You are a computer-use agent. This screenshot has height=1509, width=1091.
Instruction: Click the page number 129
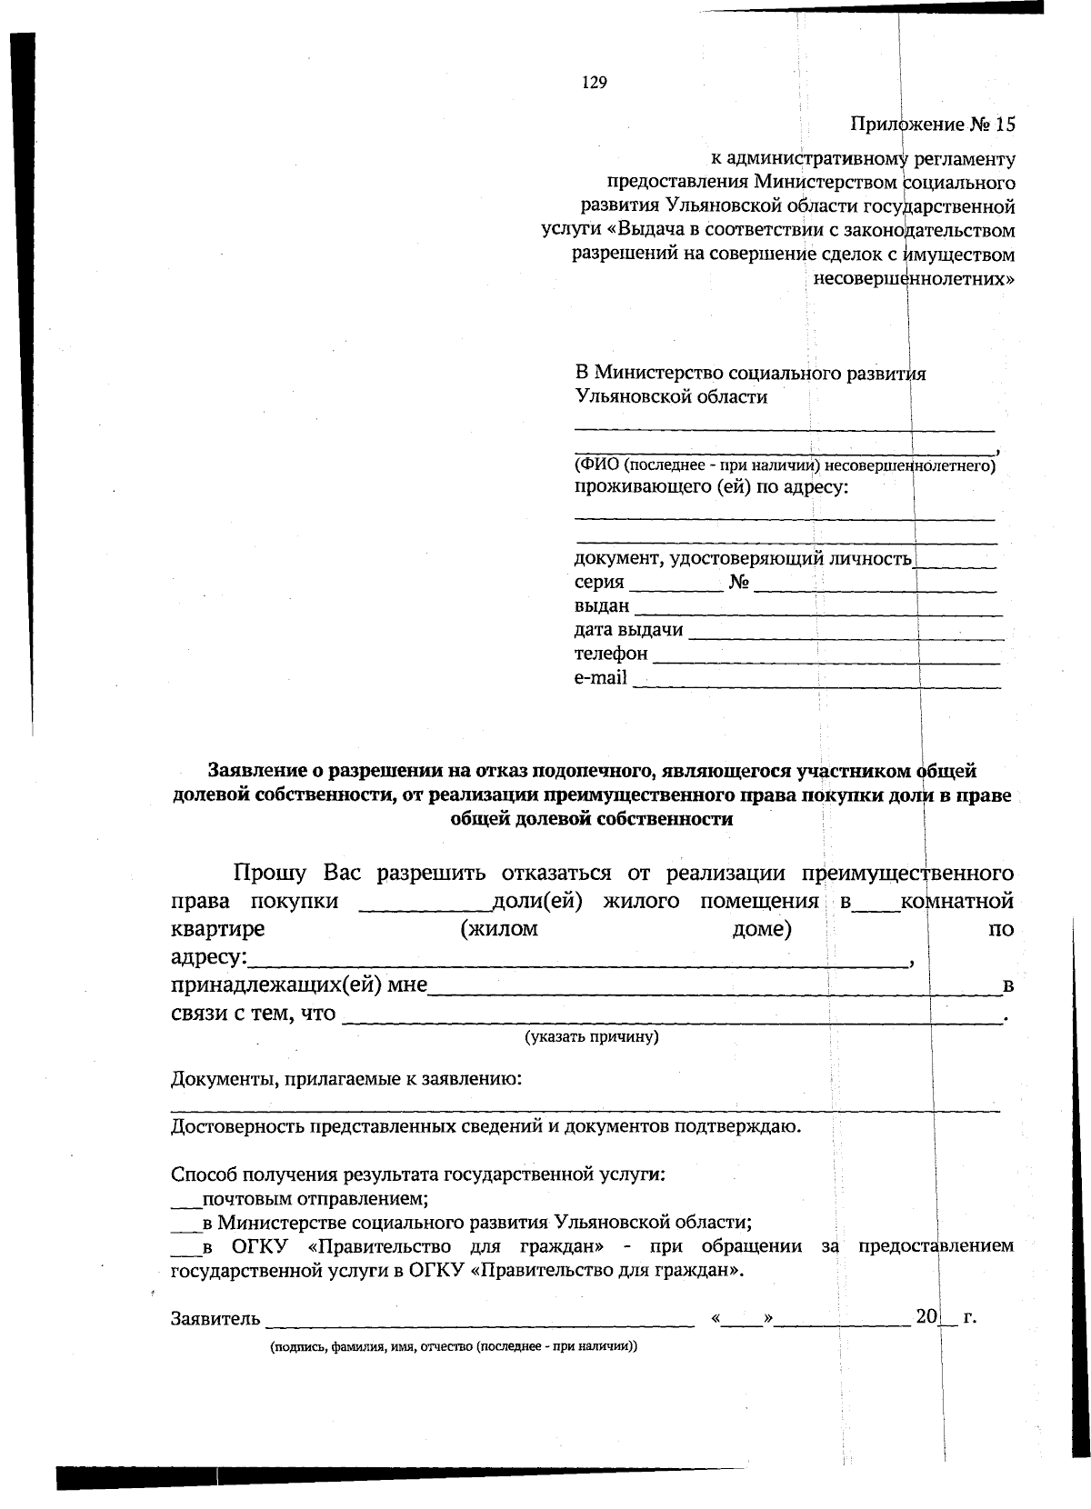pos(594,83)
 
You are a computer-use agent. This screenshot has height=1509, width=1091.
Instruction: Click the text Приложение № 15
pos(932,125)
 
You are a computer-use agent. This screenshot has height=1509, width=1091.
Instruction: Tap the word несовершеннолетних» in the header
pos(914,278)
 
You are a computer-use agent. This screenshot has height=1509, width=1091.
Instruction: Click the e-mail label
pos(600,677)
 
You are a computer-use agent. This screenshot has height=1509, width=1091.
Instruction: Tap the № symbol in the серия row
pos(738,583)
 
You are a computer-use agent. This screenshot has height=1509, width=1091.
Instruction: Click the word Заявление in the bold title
pos(254,772)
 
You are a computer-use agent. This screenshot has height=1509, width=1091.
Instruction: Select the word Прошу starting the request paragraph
pos(269,874)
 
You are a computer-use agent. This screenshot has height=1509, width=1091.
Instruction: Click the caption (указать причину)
pos(592,1036)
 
